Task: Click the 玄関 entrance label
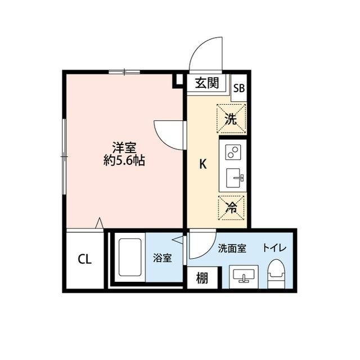pos(206,84)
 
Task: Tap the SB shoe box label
pos(239,88)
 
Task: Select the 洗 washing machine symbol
pos(231,119)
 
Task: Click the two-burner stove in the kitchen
pos(233,152)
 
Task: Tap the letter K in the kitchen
pos(204,165)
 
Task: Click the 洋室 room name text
pos(124,148)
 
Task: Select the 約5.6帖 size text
pos(124,161)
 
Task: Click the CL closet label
pos(84,259)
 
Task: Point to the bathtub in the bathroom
pos(130,257)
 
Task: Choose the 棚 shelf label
pos(202,278)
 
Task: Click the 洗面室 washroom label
pos(232,248)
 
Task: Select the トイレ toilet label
pos(274,248)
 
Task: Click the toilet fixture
pos(276,274)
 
